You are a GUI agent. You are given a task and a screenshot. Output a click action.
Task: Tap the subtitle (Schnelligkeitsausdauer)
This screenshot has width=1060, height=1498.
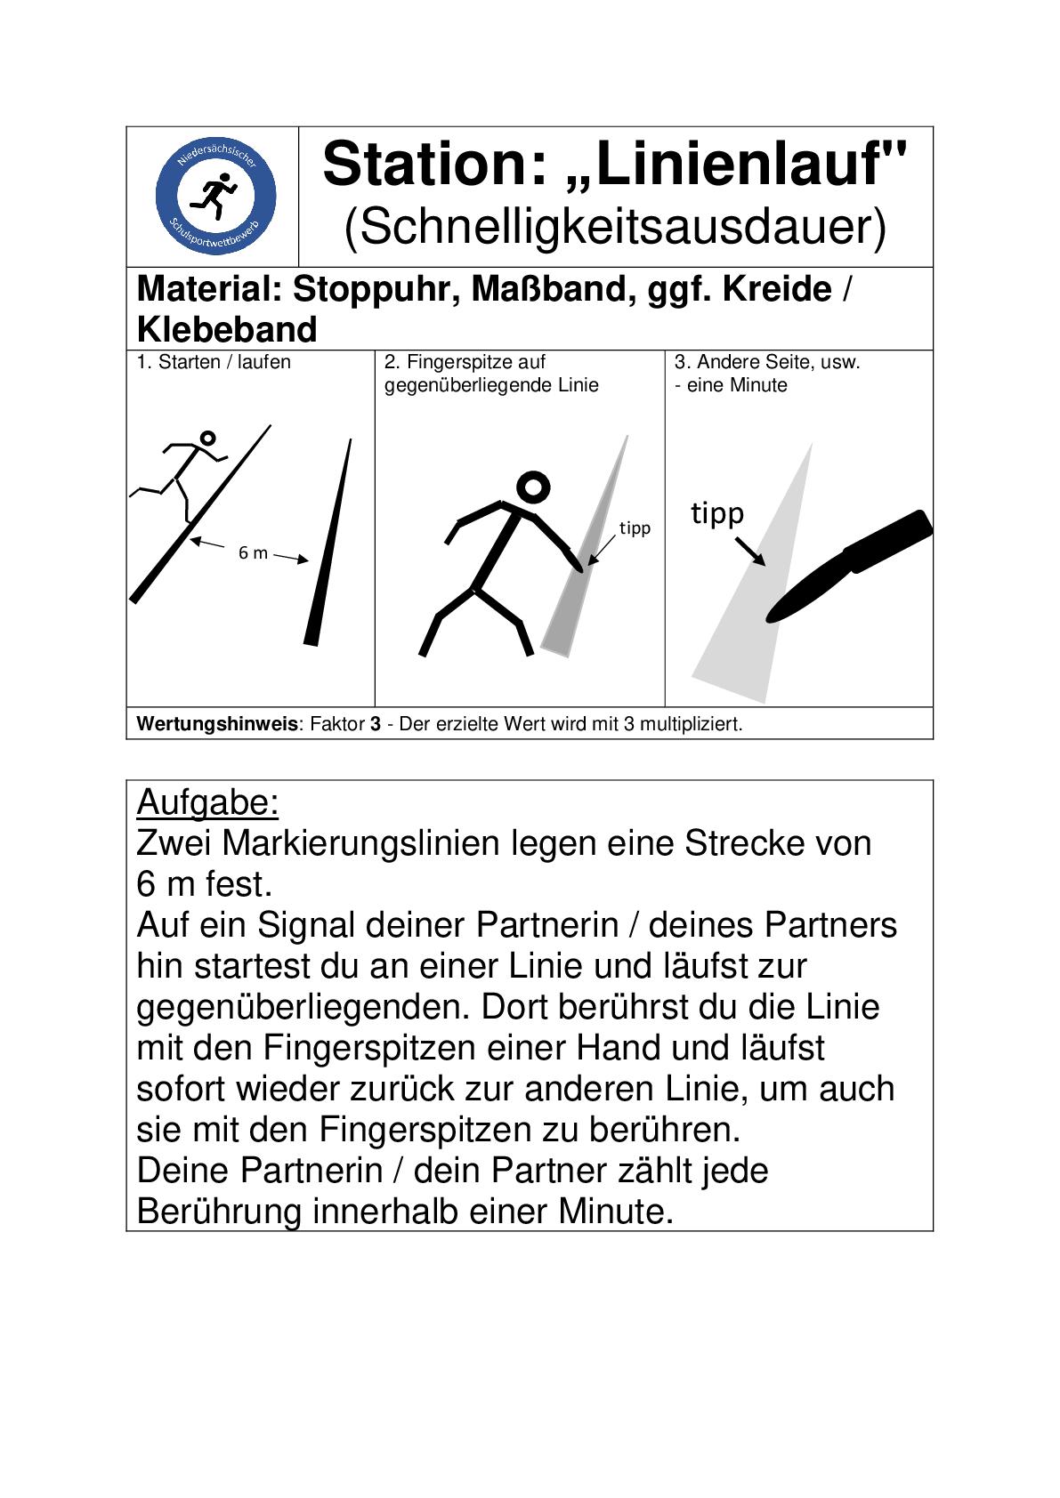coord(615,228)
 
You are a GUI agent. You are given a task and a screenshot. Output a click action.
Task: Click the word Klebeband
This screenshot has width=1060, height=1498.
coord(227,330)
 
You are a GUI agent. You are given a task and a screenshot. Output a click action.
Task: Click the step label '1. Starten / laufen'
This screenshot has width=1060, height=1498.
coord(214,362)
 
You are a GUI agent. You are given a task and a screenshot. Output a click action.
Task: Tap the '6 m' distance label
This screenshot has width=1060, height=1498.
coord(253,553)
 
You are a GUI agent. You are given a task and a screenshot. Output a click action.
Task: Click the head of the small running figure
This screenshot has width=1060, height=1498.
coord(208,438)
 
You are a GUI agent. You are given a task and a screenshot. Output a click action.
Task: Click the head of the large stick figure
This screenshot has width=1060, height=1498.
coord(533,487)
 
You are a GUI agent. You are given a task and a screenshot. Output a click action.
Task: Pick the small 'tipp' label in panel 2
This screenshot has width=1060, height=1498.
coord(635,528)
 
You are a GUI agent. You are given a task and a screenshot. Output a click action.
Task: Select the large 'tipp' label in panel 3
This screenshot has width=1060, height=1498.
coord(717,513)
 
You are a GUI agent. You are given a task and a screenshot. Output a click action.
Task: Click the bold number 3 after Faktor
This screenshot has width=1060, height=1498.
coord(376,724)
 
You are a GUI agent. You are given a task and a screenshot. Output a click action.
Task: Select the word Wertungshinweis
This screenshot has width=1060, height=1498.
coord(217,724)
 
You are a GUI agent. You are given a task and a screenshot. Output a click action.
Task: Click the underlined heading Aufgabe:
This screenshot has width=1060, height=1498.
coord(207,803)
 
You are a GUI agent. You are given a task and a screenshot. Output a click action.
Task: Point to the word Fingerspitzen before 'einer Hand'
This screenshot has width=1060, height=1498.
coord(368,1048)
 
